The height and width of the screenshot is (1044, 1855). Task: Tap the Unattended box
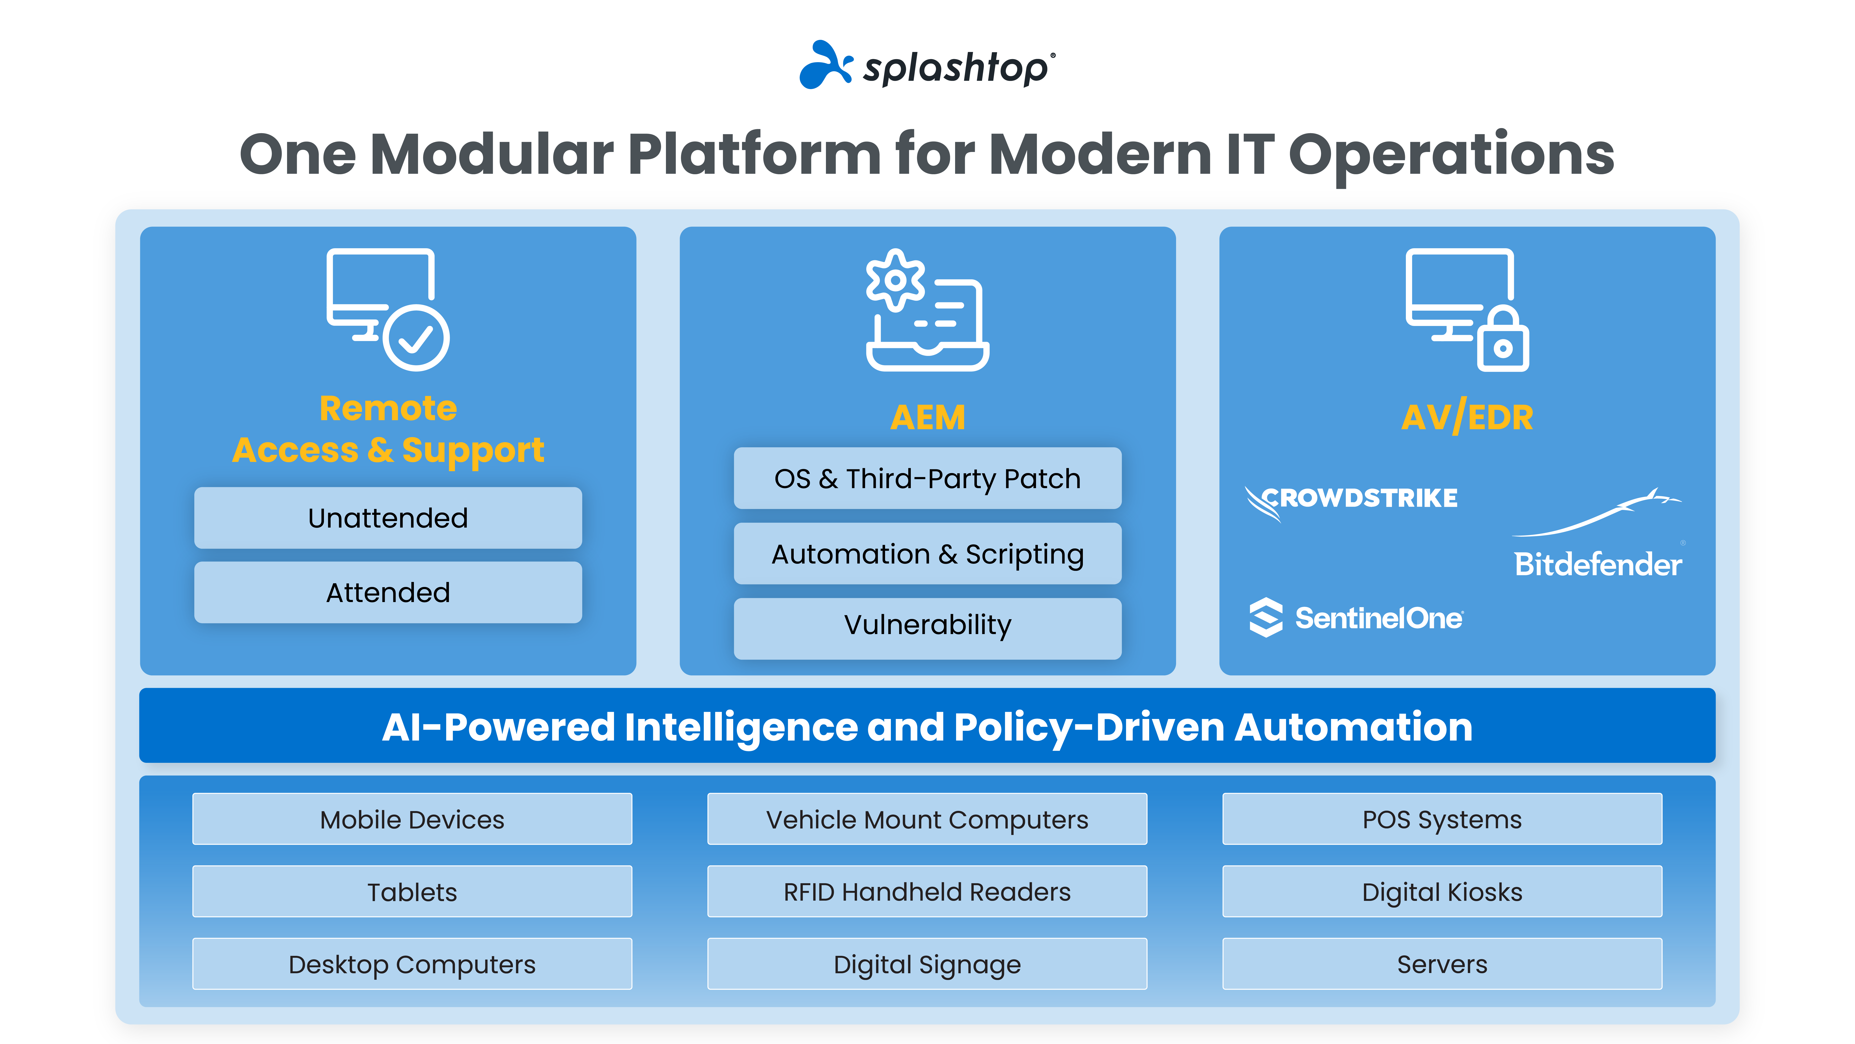pos(387,518)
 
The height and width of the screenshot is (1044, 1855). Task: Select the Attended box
pos(387,592)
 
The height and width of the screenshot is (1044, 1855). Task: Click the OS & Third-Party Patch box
pos(927,478)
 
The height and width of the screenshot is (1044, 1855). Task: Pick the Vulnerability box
pos(927,625)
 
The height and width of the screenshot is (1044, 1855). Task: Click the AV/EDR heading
pos(1467,417)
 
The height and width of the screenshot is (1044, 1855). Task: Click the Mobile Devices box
pos(412,819)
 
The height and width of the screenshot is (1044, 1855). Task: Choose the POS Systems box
pos(1442,819)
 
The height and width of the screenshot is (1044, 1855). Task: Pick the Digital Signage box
pos(927,964)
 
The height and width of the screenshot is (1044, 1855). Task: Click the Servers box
pos(1442,964)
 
